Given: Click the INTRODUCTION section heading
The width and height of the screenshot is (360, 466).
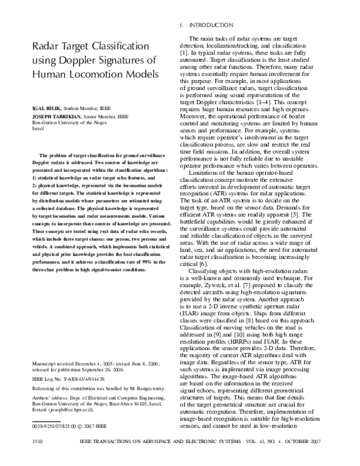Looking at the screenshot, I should (x=211, y=25).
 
